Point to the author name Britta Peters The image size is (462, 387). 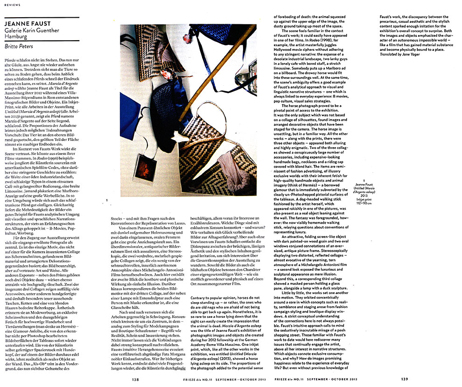pyautogui.click(x=21, y=46)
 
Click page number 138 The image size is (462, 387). pyautogui.click(x=135, y=380)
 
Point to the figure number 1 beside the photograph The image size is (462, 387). pyautogui.click(x=108, y=201)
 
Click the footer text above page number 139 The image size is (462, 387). pyautogui.click(x=317, y=380)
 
